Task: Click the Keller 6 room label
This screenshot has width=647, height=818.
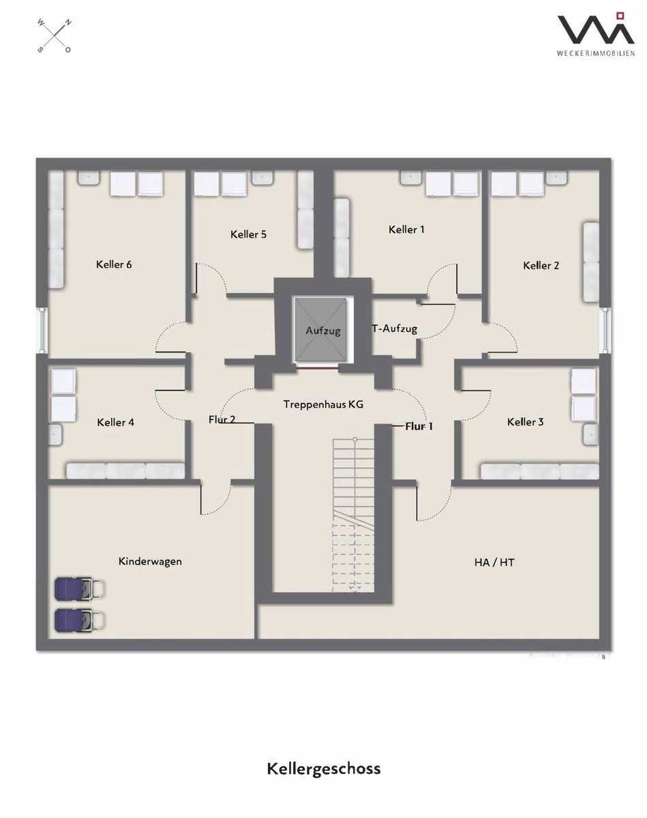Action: (114, 264)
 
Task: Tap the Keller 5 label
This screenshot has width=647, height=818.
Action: (248, 234)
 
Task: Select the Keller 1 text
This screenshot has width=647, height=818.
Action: (406, 230)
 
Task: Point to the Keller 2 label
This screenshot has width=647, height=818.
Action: (541, 265)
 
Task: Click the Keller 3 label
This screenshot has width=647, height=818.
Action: (526, 422)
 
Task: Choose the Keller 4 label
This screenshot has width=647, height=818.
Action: (116, 423)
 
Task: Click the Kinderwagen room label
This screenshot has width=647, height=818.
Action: (150, 562)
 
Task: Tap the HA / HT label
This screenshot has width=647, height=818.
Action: (494, 562)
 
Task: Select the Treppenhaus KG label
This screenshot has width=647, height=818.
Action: (323, 404)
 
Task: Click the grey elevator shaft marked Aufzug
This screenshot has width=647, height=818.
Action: (321, 330)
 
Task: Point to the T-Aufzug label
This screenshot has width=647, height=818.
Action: (394, 329)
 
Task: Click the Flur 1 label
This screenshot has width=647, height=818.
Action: (419, 427)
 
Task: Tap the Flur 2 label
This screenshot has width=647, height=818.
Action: (222, 420)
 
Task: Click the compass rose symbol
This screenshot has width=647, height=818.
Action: (55, 36)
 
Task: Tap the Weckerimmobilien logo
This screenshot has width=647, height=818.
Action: (596, 34)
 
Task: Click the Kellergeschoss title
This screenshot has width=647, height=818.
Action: (323, 769)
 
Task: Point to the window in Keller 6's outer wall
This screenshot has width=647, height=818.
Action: (42, 331)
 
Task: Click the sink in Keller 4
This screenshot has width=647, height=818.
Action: (55, 434)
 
